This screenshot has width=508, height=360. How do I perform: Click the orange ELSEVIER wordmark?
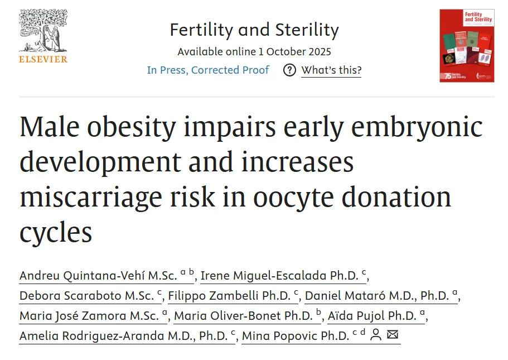pos(43,59)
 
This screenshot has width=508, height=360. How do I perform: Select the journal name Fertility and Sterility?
pos(254,30)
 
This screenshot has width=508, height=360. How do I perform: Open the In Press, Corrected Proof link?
pos(208,70)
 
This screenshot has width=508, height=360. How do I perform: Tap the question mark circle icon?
pos(289,70)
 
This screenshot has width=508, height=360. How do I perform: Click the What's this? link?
pos(331,70)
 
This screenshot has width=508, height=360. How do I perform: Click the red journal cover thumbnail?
pos(467,46)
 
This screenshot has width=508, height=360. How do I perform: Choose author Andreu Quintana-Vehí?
pos(98,275)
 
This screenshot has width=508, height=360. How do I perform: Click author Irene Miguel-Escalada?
pos(276,275)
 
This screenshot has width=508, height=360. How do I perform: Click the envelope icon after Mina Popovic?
pos(393,335)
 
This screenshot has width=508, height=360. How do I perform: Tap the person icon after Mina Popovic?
pos(376,335)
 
